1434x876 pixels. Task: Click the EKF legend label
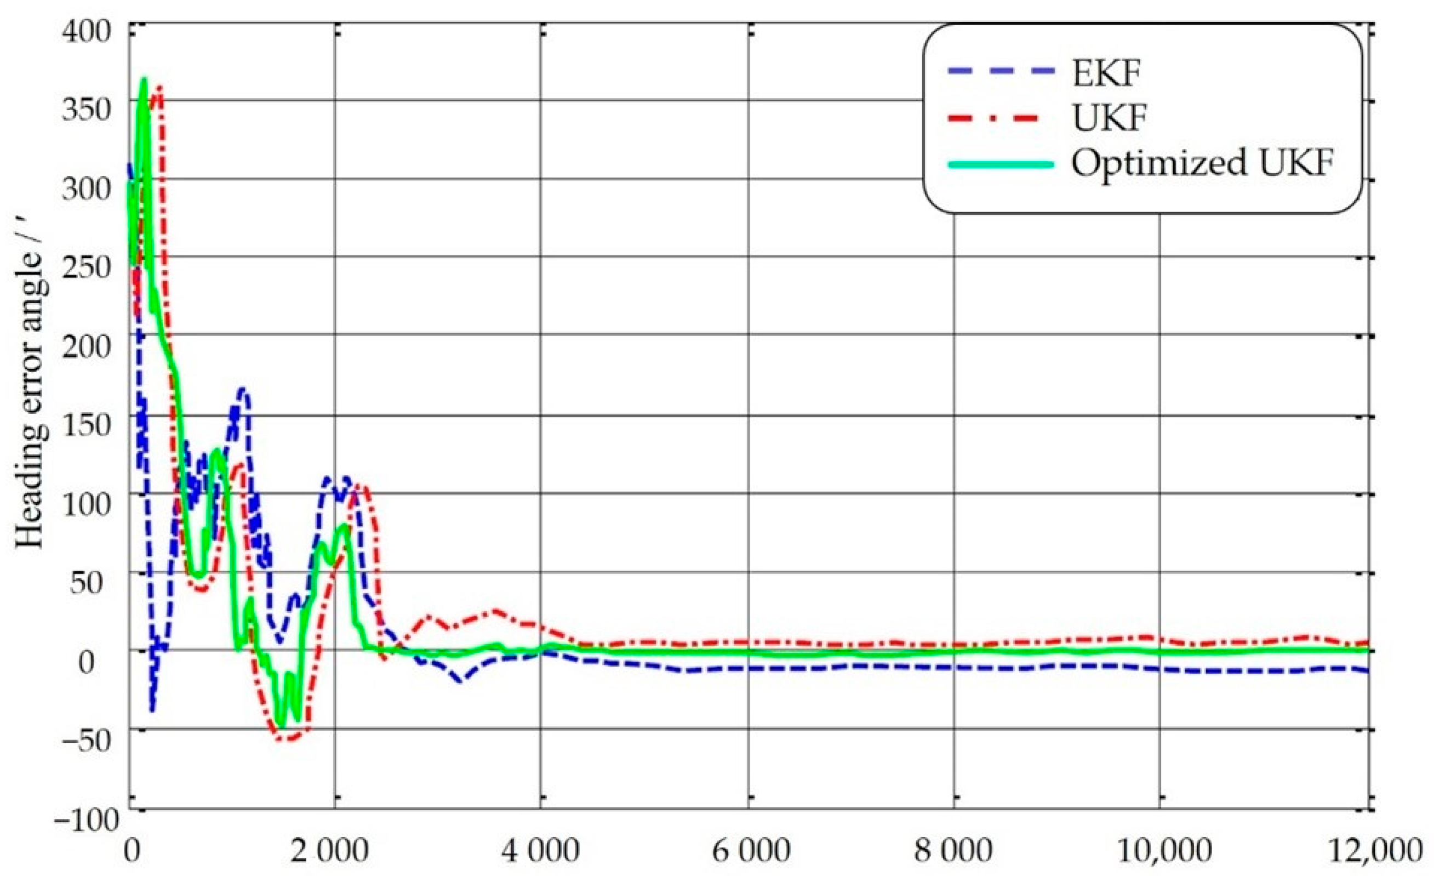click(x=1106, y=74)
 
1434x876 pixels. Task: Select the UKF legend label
click(x=1109, y=119)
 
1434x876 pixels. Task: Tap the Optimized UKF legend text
click(x=1202, y=163)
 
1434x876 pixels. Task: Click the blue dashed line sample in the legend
click(x=1001, y=73)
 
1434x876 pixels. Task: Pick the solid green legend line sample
click(x=1001, y=163)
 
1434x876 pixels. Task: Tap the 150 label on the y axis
click(x=86, y=424)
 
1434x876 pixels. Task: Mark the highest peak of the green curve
click(x=144, y=81)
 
